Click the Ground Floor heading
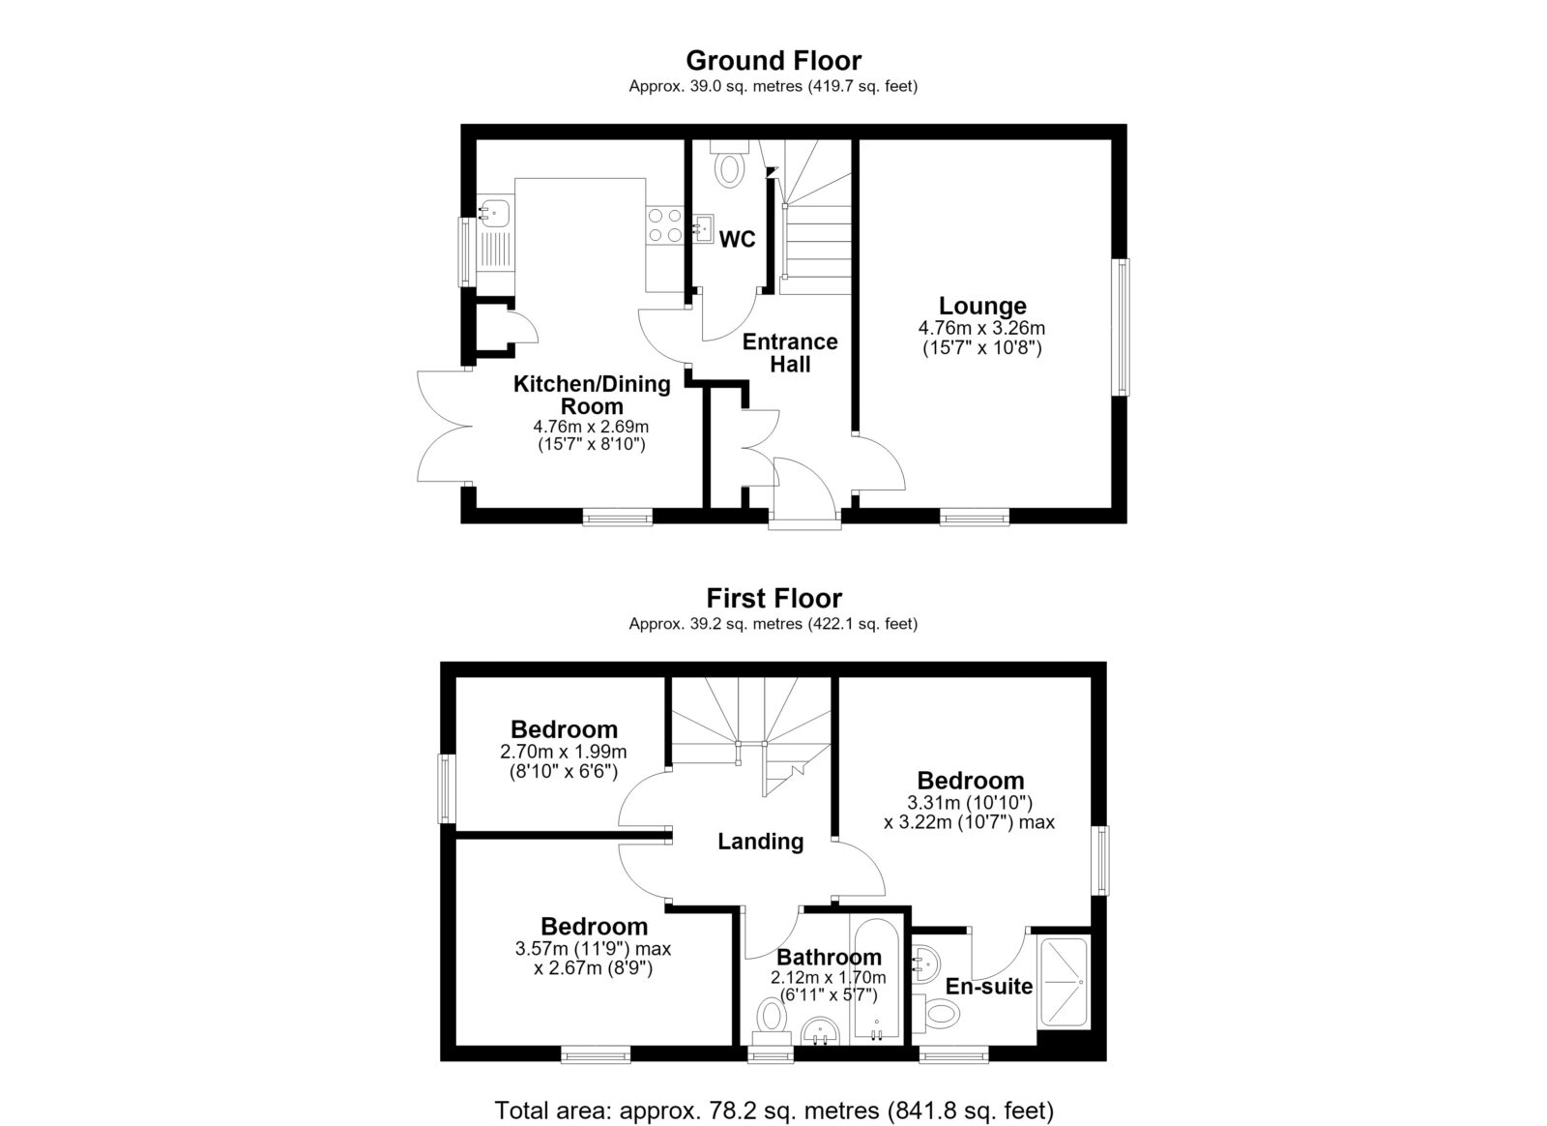click(x=773, y=61)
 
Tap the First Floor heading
click(x=773, y=598)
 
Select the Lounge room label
click(x=982, y=306)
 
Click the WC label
click(x=737, y=240)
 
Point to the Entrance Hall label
click(x=790, y=353)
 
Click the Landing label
click(x=760, y=842)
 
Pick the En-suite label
click(x=989, y=987)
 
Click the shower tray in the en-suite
click(x=1064, y=982)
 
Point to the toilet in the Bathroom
click(x=772, y=1022)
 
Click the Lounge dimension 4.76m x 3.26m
click(x=981, y=328)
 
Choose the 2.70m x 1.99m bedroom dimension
click(x=564, y=752)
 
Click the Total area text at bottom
click(x=774, y=1091)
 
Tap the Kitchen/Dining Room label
click(x=592, y=395)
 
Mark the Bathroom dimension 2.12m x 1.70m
click(x=828, y=977)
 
